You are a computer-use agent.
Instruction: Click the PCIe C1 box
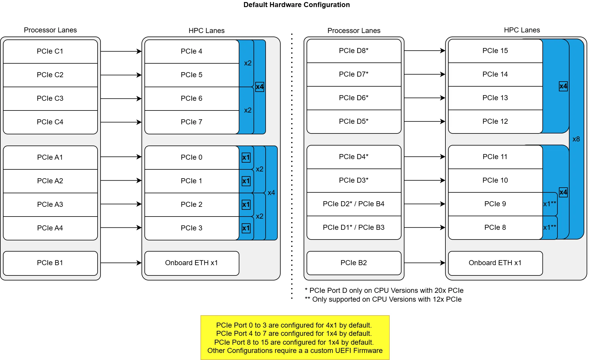click(x=50, y=51)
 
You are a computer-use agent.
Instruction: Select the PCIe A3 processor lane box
click(x=50, y=204)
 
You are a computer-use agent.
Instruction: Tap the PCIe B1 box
click(x=50, y=263)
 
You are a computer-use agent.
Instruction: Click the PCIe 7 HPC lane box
click(x=192, y=122)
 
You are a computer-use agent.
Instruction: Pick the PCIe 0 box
click(x=192, y=157)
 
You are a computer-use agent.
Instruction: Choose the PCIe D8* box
click(x=354, y=51)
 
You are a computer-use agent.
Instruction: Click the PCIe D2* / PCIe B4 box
click(x=354, y=204)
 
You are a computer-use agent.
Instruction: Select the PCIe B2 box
click(x=354, y=263)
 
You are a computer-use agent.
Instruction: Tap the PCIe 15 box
click(x=495, y=51)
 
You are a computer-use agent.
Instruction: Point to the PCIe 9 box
click(x=495, y=204)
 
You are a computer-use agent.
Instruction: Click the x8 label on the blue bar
click(x=576, y=139)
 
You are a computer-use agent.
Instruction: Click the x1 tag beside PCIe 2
click(x=246, y=204)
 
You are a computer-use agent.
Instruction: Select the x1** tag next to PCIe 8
click(x=550, y=227)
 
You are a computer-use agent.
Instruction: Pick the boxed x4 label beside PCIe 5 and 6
click(x=260, y=87)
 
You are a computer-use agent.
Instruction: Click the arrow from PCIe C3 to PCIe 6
click(x=121, y=98)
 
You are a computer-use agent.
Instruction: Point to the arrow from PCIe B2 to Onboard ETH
click(x=424, y=263)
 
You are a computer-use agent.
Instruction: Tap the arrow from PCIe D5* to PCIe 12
click(x=424, y=121)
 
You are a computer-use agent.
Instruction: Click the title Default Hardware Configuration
click(x=297, y=5)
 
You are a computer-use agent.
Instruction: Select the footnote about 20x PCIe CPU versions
click(x=384, y=290)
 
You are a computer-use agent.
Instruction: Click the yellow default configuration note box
click(x=295, y=338)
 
